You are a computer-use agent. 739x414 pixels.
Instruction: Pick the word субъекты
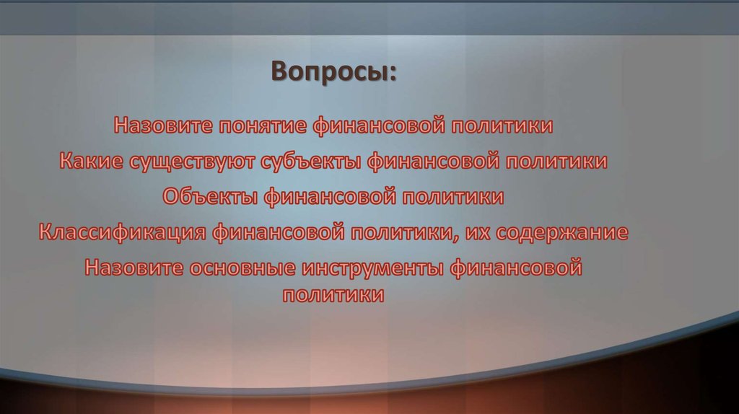click(315, 161)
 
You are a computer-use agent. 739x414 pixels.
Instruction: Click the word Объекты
click(209, 196)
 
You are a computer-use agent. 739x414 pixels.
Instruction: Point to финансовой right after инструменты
click(515, 268)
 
